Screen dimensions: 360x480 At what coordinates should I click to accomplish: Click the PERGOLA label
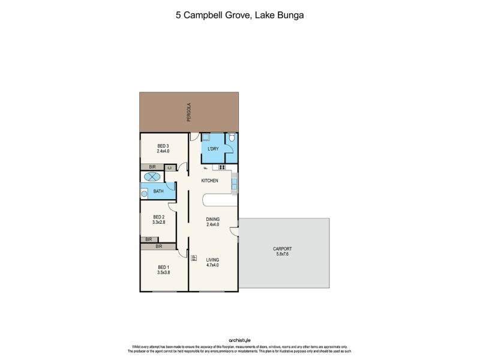(x=188, y=112)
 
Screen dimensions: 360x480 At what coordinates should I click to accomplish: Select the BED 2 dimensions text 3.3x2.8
(x=159, y=223)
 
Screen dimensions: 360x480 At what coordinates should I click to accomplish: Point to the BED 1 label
(x=164, y=266)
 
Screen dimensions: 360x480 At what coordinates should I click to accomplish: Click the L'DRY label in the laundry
(x=212, y=149)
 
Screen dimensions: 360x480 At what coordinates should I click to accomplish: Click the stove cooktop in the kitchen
(x=221, y=167)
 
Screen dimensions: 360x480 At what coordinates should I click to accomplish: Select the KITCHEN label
(x=209, y=181)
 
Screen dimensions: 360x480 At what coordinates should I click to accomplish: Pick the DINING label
(x=212, y=219)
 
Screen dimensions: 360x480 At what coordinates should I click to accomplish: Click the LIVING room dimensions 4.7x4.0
(x=212, y=265)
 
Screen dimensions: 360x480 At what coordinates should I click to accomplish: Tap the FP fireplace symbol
(x=194, y=259)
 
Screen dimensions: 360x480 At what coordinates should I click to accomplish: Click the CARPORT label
(x=282, y=248)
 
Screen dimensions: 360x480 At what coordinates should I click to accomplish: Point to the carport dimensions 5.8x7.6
(x=282, y=254)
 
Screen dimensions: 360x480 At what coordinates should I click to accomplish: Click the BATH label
(x=158, y=192)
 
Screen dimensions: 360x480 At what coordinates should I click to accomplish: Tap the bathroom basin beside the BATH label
(x=144, y=193)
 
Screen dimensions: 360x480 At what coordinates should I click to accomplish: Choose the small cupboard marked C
(x=170, y=167)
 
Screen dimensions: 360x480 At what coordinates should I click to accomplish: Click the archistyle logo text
(x=240, y=340)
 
